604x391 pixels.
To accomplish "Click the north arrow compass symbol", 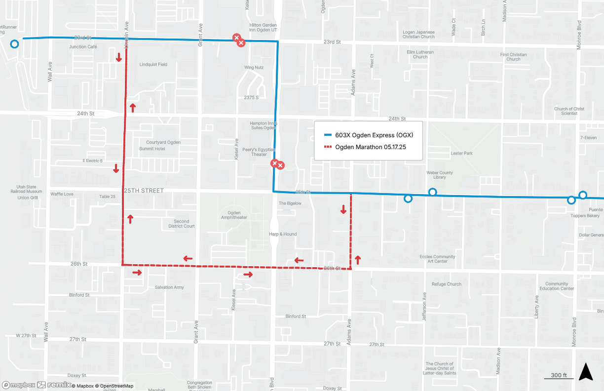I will pyautogui.click(x=586, y=371).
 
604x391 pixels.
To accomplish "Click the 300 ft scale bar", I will pyautogui.click(x=559, y=376).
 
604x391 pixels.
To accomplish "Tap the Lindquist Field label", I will pyautogui.click(x=153, y=65).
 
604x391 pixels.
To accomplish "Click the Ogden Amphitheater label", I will pyautogui.click(x=234, y=215).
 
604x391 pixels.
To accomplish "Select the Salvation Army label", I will pyautogui.click(x=169, y=287).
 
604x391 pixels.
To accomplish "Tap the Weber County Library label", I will pyautogui.click(x=439, y=175).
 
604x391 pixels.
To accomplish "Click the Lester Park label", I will pyautogui.click(x=461, y=154).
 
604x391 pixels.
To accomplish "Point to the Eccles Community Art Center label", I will pyautogui.click(x=437, y=259).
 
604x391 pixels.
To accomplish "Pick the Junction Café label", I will pyautogui.click(x=83, y=47).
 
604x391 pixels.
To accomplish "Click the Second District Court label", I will pyautogui.click(x=181, y=224).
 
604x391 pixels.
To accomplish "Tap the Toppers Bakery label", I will pyautogui.click(x=585, y=216).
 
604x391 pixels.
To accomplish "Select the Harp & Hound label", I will pyautogui.click(x=283, y=234).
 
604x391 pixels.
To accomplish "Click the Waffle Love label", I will pyautogui.click(x=62, y=194).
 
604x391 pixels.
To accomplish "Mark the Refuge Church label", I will pyautogui.click(x=447, y=284).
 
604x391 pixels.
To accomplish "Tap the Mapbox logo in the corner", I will pyautogui.click(x=19, y=385).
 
